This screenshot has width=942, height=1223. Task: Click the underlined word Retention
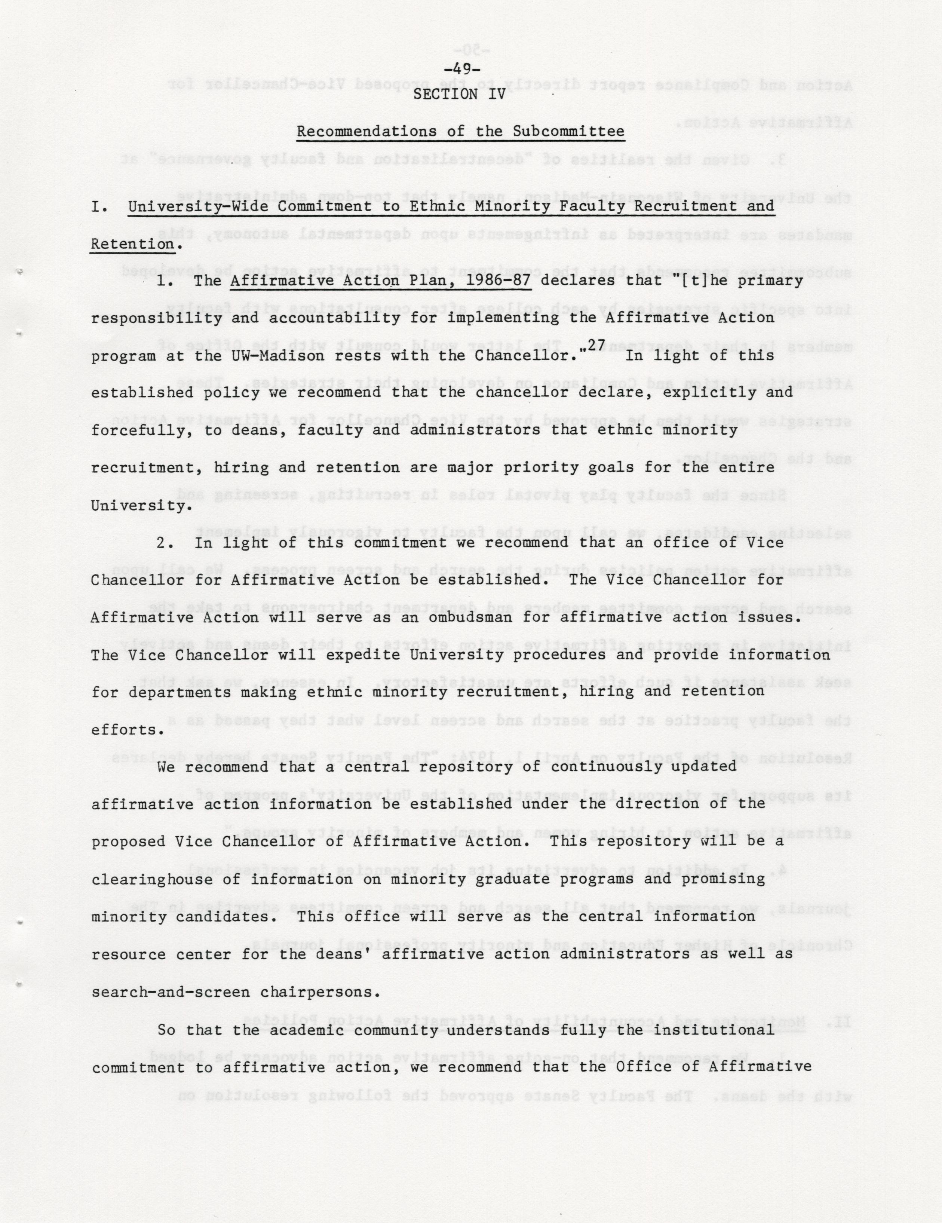132,244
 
